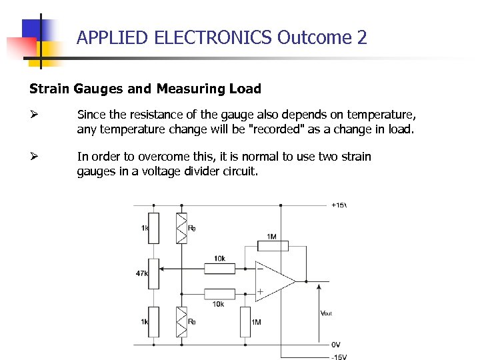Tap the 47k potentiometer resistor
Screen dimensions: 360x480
(153, 273)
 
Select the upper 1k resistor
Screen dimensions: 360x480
(153, 228)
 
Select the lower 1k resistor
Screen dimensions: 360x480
(153, 321)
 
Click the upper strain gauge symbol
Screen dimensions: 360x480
(181, 228)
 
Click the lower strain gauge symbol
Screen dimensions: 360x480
(181, 321)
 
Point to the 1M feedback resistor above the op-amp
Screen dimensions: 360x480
(272, 247)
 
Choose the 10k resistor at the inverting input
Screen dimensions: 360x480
(219, 269)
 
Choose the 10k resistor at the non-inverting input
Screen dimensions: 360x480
(219, 293)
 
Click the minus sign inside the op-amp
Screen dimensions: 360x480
(260, 269)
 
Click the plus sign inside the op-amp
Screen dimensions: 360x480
(260, 292)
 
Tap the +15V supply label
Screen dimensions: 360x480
(339, 205)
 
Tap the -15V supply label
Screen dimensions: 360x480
(339, 356)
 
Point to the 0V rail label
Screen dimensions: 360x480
(336, 345)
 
